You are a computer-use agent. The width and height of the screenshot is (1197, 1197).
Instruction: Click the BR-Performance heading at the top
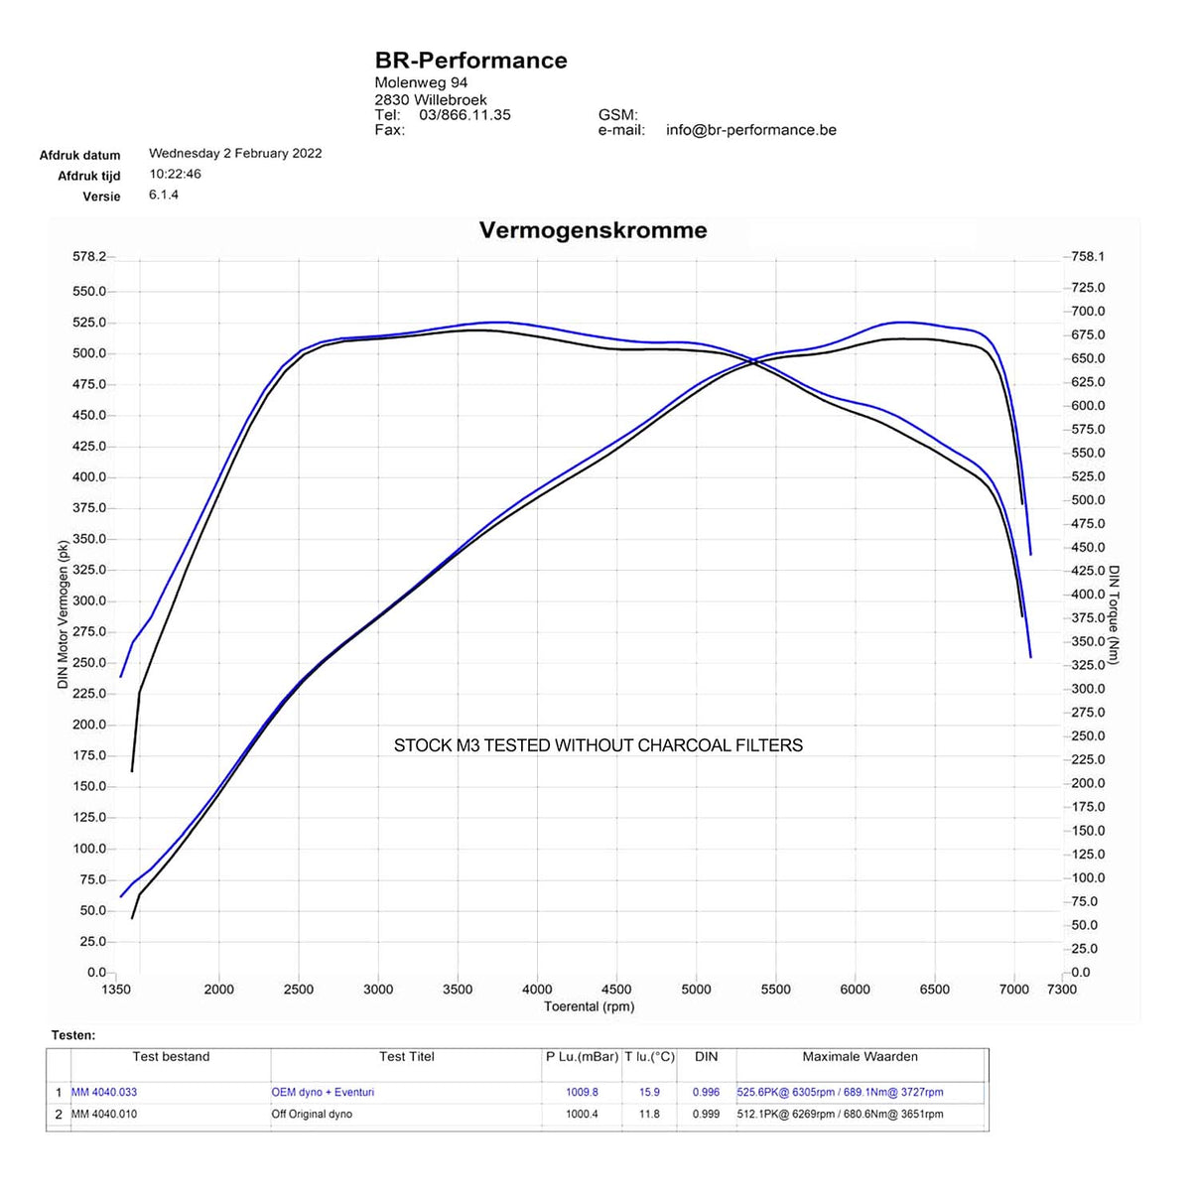point(470,61)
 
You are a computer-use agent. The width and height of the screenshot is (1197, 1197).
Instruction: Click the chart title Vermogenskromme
point(593,230)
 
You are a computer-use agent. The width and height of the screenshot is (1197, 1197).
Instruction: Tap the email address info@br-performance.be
point(750,130)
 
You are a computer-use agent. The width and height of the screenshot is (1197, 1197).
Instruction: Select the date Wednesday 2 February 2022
point(235,154)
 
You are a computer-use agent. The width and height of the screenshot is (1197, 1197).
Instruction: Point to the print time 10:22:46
point(175,175)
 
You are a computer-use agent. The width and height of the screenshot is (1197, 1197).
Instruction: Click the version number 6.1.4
point(164,196)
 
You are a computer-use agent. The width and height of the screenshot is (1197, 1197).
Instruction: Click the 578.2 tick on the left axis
point(88,257)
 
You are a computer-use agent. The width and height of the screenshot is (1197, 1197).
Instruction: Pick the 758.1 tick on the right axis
point(1088,257)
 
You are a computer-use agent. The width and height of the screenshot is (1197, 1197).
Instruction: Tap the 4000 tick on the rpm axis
point(537,990)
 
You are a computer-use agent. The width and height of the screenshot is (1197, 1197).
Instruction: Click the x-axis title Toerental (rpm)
point(589,1006)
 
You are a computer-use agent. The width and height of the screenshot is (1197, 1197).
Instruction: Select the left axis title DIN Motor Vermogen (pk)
point(64,614)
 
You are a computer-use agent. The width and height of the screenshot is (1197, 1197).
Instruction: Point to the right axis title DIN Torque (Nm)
point(1114,614)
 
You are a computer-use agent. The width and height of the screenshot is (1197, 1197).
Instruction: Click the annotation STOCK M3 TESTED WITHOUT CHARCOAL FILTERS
point(598,745)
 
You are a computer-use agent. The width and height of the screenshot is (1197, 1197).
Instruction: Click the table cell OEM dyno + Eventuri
point(323,1093)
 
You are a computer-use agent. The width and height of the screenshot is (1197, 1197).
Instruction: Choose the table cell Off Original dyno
point(312,1115)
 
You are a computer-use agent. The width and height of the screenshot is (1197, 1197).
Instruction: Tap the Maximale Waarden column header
point(860,1057)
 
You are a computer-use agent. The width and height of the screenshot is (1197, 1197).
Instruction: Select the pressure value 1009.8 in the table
point(582,1093)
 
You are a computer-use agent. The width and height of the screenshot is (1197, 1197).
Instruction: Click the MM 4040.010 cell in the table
point(104,1115)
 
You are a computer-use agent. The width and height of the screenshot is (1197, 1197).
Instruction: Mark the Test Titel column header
point(406,1057)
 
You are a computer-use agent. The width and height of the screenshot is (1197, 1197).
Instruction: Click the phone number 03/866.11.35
point(465,115)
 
